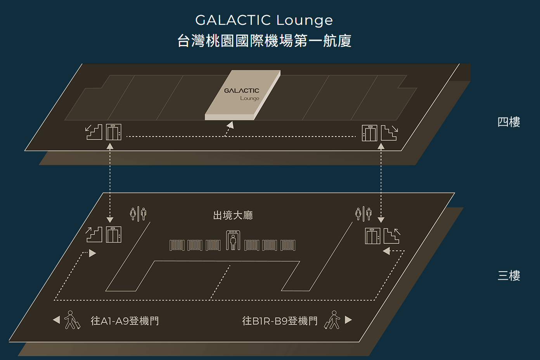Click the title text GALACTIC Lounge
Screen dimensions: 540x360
pyautogui.click(x=264, y=20)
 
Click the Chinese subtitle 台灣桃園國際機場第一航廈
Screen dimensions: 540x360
pyautogui.click(x=264, y=41)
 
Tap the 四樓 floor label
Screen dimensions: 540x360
pyautogui.click(x=509, y=122)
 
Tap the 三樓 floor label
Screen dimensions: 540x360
pyautogui.click(x=509, y=276)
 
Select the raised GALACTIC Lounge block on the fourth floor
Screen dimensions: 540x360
pyautogui.click(x=242, y=95)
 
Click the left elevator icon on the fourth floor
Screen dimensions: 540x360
pyautogui.click(x=114, y=132)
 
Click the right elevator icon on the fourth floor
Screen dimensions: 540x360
pyautogui.click(x=369, y=133)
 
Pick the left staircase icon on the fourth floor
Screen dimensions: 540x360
pyautogui.click(x=94, y=132)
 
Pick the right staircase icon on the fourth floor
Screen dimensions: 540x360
pyautogui.click(x=389, y=133)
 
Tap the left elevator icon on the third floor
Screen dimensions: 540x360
pyautogui.click(x=114, y=235)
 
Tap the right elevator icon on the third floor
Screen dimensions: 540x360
pyautogui.click(x=372, y=236)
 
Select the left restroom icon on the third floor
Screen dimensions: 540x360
pyautogui.click(x=138, y=213)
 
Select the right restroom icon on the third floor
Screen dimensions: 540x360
pyautogui.click(x=363, y=213)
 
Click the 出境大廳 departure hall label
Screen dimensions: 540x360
pyautogui.click(x=233, y=215)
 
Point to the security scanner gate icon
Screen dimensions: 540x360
pyautogui.click(x=233, y=240)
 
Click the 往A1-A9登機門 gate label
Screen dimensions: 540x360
pyautogui.click(x=125, y=321)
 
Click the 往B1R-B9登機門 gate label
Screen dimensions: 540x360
pyautogui.click(x=280, y=321)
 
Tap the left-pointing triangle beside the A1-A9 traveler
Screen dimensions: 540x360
pyautogui.click(x=57, y=320)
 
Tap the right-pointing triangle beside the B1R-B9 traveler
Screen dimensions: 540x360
pyautogui.click(x=348, y=320)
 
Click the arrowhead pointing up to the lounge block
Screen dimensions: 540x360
pyautogui.click(x=230, y=125)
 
